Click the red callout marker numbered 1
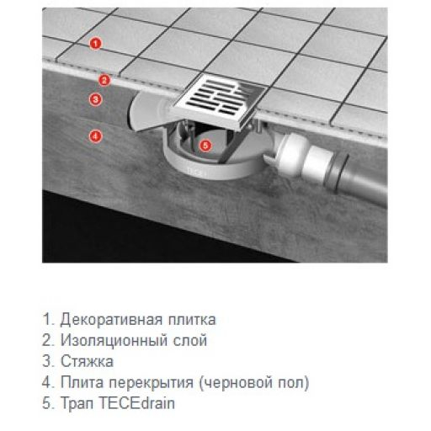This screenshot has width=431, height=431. [x=96, y=43]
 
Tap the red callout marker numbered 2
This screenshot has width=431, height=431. [x=104, y=81]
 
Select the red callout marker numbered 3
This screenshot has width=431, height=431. [x=95, y=99]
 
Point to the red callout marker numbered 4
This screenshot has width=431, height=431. [x=96, y=135]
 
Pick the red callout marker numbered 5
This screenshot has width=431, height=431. [x=207, y=144]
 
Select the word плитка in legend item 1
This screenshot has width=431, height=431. [x=190, y=320]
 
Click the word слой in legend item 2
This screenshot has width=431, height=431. [x=187, y=341]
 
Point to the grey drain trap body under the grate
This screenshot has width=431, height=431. [x=202, y=165]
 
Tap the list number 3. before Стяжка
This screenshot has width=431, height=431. [x=47, y=362]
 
